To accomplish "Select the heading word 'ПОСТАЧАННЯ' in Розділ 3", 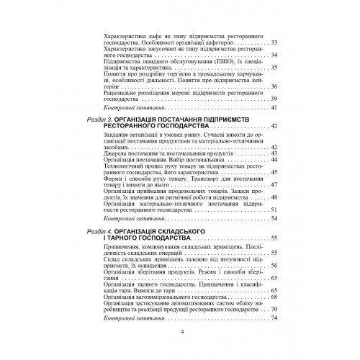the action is tap(186, 117).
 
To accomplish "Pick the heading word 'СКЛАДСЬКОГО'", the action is tap(176, 228).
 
